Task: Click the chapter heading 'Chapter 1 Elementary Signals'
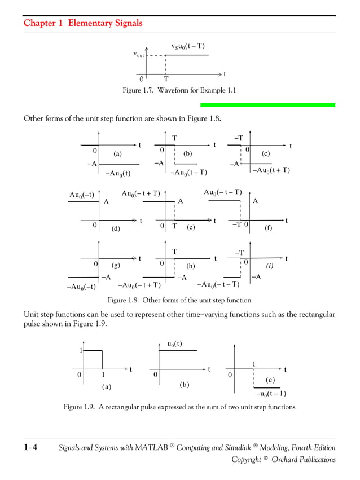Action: coord(83,23)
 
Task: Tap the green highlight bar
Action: coord(267,105)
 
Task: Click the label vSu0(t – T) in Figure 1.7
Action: coord(188,46)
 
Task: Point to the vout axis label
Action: coord(139,55)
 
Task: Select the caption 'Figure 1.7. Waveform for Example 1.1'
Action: coord(179,90)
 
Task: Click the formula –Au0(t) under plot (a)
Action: coord(118,173)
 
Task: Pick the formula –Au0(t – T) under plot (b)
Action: coord(188,173)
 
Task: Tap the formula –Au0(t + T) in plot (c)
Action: coord(271,170)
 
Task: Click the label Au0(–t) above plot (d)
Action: coord(82,195)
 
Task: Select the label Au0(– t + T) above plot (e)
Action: coord(141,193)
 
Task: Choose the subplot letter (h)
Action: coord(190,266)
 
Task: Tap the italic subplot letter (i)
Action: coord(270,265)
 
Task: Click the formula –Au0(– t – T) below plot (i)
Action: coord(218,284)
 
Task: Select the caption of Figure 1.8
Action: coord(179,300)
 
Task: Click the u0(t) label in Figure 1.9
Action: coord(174,344)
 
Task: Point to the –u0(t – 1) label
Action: coord(270,394)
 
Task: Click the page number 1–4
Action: coord(30,448)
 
